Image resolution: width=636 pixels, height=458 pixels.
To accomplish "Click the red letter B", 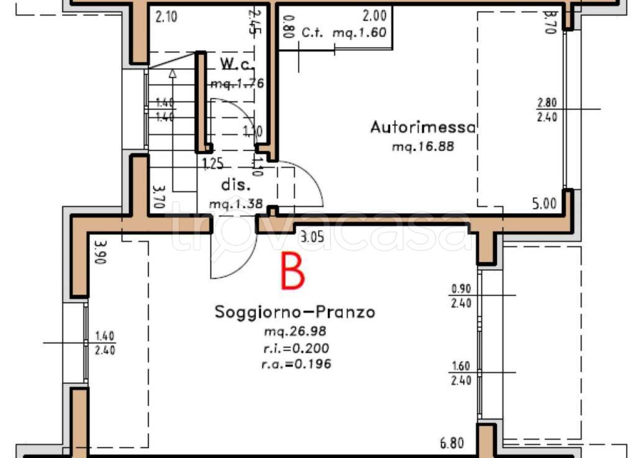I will click(293, 271).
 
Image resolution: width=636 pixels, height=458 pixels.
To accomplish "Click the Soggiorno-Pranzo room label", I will click(294, 312).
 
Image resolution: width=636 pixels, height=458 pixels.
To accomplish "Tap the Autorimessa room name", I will click(423, 127).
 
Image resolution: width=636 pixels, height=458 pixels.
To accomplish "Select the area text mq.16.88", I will click(423, 147).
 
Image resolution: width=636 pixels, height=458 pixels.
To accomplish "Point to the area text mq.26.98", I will click(295, 332).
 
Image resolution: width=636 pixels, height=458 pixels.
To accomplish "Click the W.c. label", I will click(234, 63).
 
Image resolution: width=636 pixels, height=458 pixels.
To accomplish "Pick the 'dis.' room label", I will click(236, 185).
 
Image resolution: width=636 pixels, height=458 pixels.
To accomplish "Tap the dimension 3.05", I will click(311, 236).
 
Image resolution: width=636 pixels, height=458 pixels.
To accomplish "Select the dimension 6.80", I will click(452, 443).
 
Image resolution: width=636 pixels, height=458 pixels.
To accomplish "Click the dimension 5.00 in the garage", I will click(545, 203).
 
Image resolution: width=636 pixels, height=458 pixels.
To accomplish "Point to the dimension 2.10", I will click(166, 17).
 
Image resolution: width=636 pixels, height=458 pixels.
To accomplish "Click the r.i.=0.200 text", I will click(296, 348).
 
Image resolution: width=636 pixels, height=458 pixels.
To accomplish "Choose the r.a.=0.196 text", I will click(296, 364).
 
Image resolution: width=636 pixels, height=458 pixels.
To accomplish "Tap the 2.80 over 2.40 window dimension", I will click(547, 109).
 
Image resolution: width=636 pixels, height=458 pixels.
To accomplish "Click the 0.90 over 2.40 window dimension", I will click(461, 296).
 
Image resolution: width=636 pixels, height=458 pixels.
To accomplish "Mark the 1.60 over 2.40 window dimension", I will click(461, 373).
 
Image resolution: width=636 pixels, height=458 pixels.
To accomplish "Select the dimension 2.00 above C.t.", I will click(375, 17).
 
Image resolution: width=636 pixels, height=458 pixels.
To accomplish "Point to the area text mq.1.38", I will click(236, 204).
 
